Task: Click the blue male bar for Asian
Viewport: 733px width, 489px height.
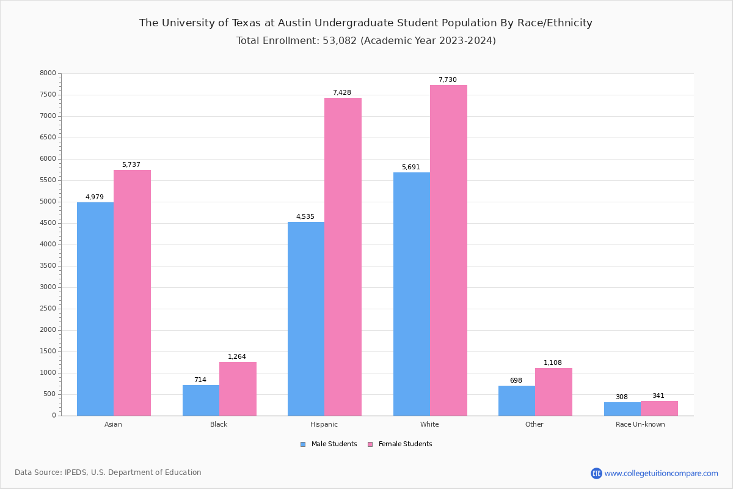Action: point(95,309)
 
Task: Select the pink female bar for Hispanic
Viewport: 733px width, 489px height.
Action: point(343,257)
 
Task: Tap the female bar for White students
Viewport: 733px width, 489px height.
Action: point(448,251)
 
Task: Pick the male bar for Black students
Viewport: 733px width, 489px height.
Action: point(201,400)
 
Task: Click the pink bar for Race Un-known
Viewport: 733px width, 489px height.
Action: point(659,408)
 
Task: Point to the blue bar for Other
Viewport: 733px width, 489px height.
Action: point(517,400)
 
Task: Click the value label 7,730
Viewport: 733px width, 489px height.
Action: point(447,80)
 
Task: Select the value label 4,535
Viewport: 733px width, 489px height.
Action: point(305,217)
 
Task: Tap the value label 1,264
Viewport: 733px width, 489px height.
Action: point(237,357)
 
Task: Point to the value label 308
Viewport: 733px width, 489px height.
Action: point(621,397)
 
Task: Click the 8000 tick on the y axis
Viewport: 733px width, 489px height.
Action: point(48,73)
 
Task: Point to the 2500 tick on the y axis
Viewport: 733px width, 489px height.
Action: point(48,309)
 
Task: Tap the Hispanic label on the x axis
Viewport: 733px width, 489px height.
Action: point(324,424)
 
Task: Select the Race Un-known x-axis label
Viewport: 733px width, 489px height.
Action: point(640,424)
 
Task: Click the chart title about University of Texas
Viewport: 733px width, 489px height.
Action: point(366,23)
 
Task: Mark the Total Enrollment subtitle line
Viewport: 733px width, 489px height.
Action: point(366,41)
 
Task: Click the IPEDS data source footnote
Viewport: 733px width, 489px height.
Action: point(108,472)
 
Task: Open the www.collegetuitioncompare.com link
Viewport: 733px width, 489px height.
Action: point(661,473)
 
